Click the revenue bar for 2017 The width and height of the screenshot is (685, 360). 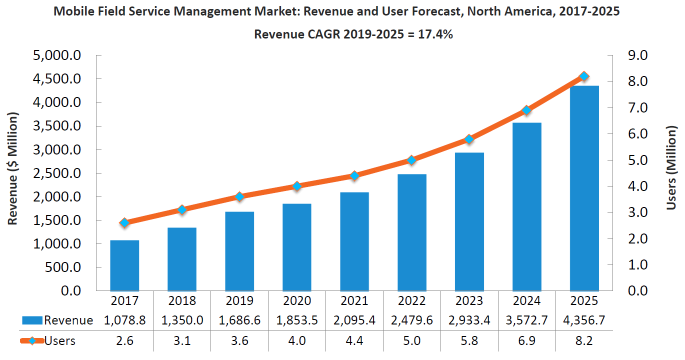124,265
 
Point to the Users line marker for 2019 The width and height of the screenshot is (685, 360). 239,196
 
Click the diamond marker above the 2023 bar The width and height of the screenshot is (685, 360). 469,139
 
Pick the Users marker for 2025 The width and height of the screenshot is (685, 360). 584,76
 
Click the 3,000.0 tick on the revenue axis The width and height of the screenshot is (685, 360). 56,150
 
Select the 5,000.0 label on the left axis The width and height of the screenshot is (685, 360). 56,55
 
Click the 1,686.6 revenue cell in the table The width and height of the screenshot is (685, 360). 239,320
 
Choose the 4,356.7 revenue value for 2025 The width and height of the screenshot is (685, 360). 584,320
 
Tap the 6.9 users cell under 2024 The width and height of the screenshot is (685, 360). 527,341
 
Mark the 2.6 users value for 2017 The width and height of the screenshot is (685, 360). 124,341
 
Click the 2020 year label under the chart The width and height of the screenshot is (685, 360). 297,300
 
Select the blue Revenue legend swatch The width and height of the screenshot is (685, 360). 31,320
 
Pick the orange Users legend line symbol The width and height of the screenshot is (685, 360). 31,341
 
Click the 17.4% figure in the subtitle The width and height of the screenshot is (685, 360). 436,34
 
